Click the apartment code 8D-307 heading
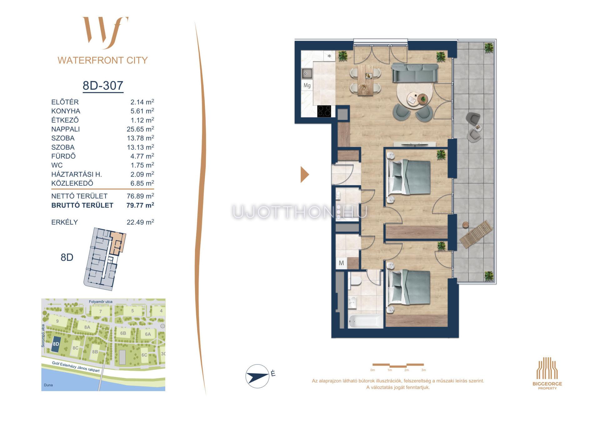click(103, 85)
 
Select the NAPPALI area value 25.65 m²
click(140, 129)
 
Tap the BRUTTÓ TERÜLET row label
click(82, 205)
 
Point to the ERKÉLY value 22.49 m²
click(140, 222)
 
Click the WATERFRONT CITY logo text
click(102, 60)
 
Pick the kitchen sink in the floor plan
click(307, 74)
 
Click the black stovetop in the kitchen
click(324, 111)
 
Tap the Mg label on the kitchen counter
click(307, 85)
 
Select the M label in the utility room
click(341, 263)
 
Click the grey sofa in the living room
click(415, 72)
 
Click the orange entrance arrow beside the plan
click(304, 174)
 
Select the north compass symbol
click(257, 376)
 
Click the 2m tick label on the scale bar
click(406, 370)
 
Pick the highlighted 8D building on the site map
click(56, 344)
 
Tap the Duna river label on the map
click(48, 385)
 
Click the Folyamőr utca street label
click(101, 302)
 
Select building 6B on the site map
click(123, 333)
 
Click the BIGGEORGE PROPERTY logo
click(547, 373)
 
